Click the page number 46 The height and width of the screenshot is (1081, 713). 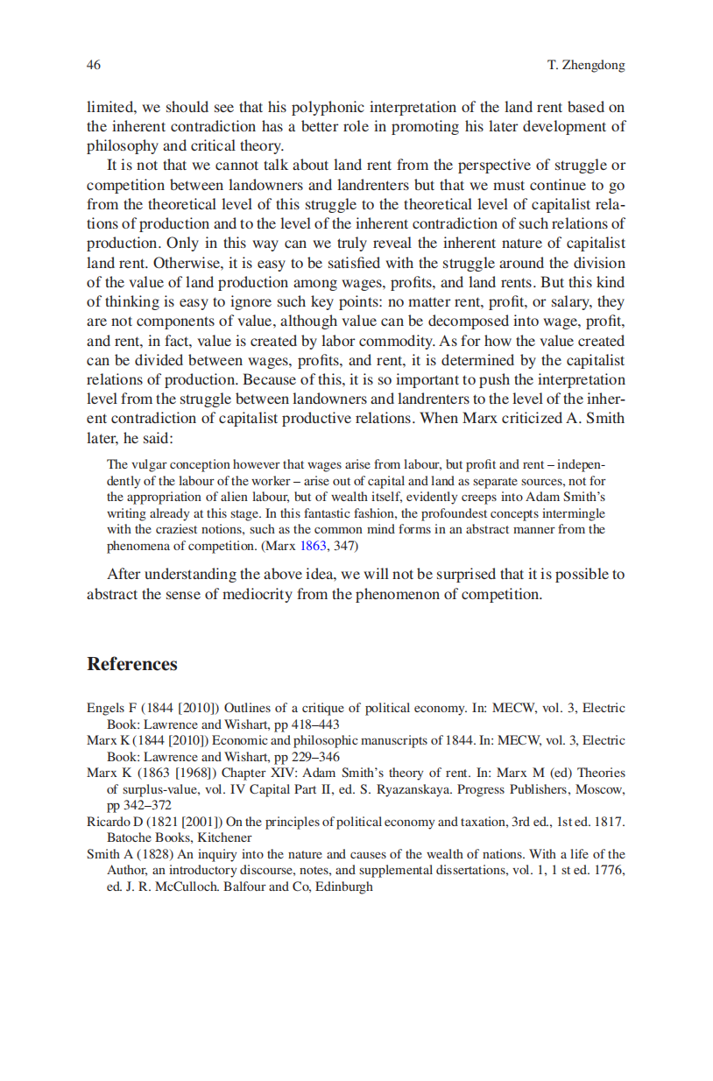pos(94,66)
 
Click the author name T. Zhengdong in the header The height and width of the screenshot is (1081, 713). pos(586,66)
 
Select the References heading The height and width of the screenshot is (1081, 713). pos(131,664)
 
